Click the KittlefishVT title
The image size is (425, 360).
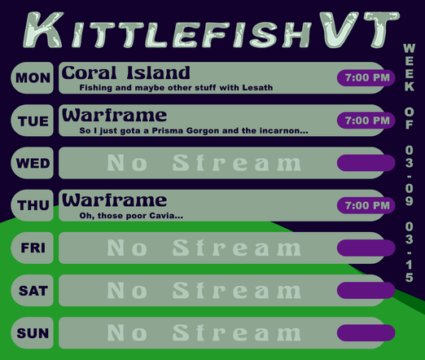click(212, 30)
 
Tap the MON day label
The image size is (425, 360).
click(33, 78)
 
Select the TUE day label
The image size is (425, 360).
click(33, 121)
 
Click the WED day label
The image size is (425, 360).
click(33, 163)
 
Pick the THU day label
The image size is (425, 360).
click(33, 205)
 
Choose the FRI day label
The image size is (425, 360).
click(33, 248)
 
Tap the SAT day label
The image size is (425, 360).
click(33, 290)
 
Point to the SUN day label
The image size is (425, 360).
click(33, 332)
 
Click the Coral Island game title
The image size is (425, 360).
click(125, 72)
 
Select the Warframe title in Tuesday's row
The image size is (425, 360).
click(114, 115)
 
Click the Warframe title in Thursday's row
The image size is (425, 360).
click(114, 200)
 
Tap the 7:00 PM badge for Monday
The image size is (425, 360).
click(366, 78)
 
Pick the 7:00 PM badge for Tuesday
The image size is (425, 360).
click(366, 121)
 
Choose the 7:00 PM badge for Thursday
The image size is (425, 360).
click(366, 205)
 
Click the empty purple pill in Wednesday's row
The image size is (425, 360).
click(366, 163)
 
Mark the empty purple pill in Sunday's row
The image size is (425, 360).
click(366, 332)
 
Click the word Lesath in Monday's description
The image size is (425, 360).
click(256, 88)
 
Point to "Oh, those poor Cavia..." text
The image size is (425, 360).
click(131, 216)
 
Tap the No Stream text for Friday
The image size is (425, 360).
click(204, 248)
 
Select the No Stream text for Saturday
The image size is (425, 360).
click(204, 290)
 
